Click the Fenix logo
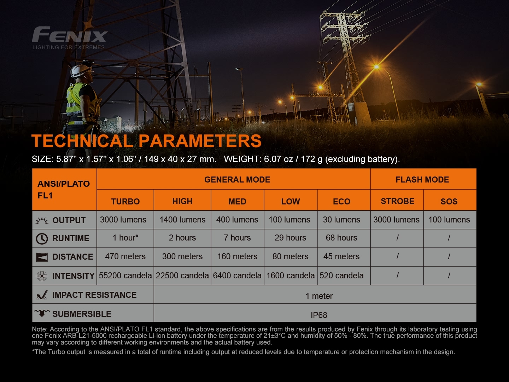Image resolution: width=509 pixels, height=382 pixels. (x=69, y=35)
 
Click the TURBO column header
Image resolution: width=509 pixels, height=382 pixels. (x=125, y=201)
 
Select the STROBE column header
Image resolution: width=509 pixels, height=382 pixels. (x=397, y=201)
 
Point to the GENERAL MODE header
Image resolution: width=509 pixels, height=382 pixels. (x=237, y=180)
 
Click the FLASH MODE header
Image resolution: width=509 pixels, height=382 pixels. (x=422, y=180)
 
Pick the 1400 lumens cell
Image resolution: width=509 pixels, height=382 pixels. (x=182, y=220)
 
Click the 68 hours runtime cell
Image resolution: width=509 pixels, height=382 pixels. (x=341, y=238)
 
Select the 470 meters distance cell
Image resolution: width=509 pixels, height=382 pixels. (x=125, y=256)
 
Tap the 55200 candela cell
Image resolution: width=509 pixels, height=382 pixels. (x=125, y=276)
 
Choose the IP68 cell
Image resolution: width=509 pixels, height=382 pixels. (x=318, y=315)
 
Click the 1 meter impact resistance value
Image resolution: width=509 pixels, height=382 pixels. (x=319, y=296)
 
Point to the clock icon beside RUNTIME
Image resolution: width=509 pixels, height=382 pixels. (x=42, y=238)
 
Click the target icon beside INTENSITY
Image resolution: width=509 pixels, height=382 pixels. (x=42, y=276)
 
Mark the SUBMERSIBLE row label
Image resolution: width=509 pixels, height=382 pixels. (x=82, y=314)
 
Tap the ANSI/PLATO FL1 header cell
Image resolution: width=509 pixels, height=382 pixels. (x=64, y=189)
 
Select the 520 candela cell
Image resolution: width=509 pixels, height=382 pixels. (x=341, y=276)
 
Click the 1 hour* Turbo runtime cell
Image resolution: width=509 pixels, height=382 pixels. (x=125, y=238)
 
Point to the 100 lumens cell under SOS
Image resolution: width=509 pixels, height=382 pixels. (x=449, y=220)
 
